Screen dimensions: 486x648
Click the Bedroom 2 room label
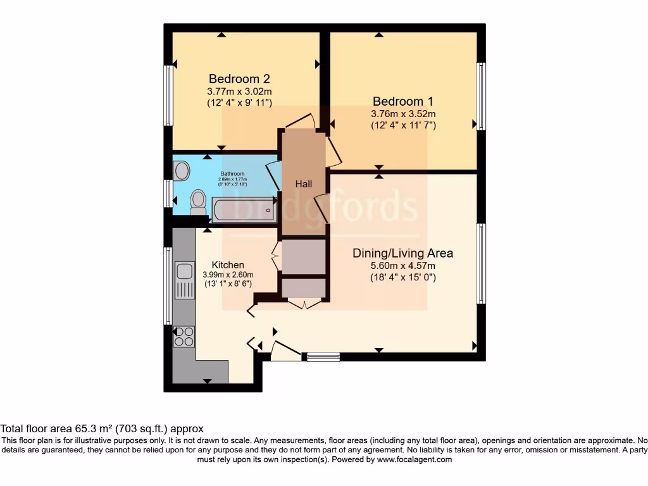(239, 79)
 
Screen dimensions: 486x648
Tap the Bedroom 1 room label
(403, 101)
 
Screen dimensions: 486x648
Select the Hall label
(304, 184)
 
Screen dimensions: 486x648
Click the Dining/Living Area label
(403, 253)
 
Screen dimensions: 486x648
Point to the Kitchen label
(228, 265)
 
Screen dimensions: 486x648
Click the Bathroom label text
(232, 173)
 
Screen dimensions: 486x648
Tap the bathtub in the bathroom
(243, 209)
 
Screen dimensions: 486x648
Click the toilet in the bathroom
(198, 201)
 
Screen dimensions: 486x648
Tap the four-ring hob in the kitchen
(184, 336)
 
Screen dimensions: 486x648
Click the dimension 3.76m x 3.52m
(403, 114)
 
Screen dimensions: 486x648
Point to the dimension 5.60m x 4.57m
(403, 266)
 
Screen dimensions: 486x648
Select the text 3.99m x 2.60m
(228, 275)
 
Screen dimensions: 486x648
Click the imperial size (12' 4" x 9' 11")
(239, 103)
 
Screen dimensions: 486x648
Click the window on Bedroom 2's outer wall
(168, 95)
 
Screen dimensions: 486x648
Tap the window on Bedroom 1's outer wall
(482, 96)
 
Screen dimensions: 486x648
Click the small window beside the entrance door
(323, 357)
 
